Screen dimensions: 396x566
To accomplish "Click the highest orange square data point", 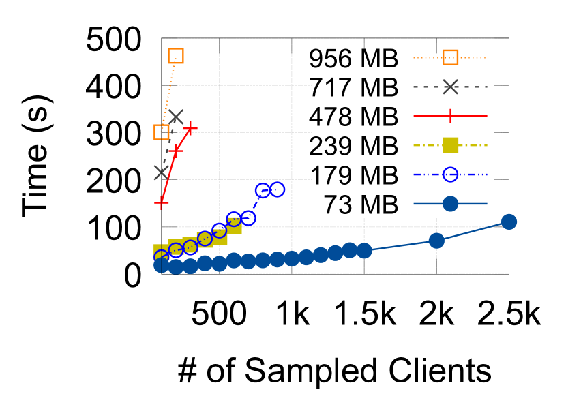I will pos(176,56).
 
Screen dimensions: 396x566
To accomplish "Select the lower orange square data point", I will pos(162,132).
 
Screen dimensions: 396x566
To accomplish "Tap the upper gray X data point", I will pos(176,117).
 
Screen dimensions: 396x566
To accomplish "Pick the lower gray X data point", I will pos(161,172).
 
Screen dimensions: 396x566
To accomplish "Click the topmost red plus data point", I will pos(190,127).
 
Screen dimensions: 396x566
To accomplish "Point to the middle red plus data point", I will pos(176,150).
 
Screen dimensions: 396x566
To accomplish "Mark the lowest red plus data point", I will pos(162,202).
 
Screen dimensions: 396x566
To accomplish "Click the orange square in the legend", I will pos(451,57).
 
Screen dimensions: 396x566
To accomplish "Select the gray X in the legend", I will pos(451,87).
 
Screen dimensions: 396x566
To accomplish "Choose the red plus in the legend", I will pos(451,116).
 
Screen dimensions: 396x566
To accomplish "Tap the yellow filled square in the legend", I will pos(451,145).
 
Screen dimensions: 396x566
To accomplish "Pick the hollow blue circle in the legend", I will pos(451,174).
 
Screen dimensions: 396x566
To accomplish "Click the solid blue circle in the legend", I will pos(451,204).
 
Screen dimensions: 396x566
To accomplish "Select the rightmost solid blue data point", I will pos(509,222).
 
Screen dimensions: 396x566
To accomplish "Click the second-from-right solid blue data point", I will pos(436,241).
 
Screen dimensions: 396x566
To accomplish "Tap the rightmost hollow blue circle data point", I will pos(278,189).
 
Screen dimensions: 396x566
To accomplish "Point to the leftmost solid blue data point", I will pos(161,265).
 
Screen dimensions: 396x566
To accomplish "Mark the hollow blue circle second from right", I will pos(263,191).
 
